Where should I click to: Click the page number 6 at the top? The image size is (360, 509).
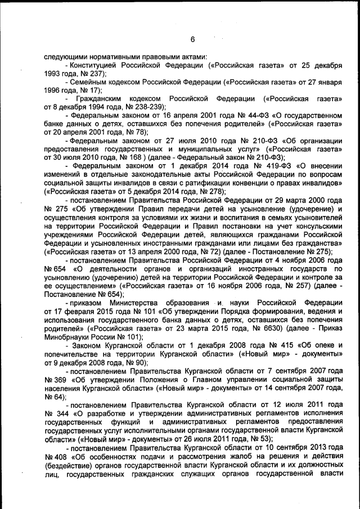(x=192, y=39)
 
